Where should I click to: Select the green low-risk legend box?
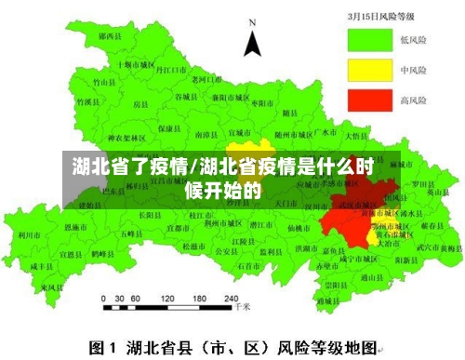370,40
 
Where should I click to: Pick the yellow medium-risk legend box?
370,70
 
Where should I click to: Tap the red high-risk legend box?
370,99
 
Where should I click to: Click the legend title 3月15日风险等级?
385,16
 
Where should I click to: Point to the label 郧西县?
110,35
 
